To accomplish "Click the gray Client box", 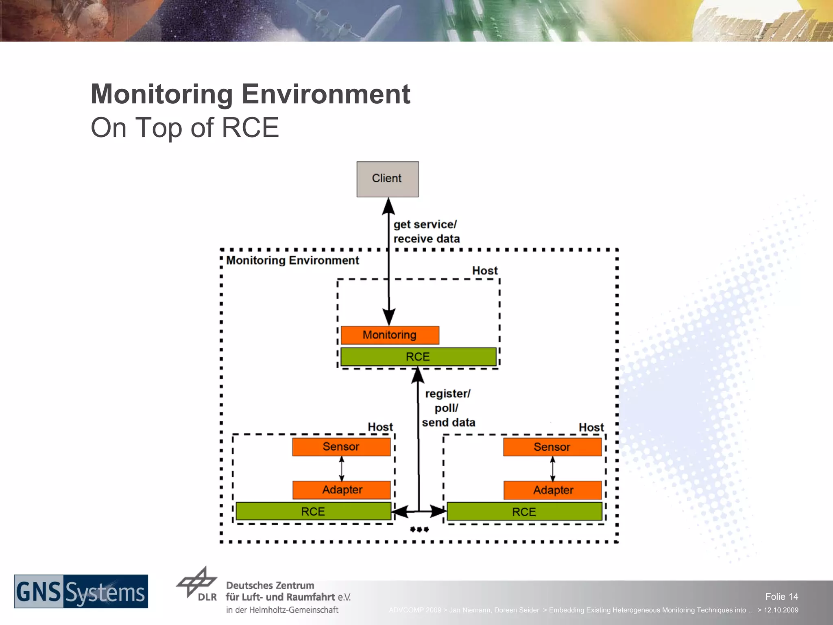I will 387,179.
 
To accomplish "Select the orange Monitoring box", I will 390,335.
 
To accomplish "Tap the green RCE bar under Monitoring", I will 418,357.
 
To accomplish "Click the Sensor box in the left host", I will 341,447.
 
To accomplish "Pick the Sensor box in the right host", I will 552,447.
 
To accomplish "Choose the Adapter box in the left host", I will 342,490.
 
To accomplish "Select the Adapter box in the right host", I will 553,490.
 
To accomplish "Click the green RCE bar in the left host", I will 313,511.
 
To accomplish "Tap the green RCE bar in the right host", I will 524,512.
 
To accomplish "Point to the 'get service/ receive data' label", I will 426,232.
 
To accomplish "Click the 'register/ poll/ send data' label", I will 448,408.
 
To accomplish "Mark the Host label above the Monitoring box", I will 485,271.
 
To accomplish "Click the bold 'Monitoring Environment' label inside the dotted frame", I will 292,260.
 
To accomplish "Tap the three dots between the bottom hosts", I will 419,529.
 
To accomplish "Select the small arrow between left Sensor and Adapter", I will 341,468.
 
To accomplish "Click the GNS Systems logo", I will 81,592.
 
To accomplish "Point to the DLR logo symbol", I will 197,583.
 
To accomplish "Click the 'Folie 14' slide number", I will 781,597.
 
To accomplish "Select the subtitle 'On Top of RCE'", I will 185,128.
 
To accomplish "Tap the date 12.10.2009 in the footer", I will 781,610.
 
